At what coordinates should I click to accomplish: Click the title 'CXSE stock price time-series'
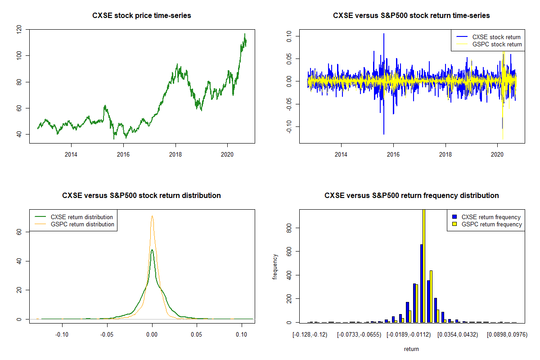pos(142,16)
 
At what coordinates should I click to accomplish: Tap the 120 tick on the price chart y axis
pos(19,30)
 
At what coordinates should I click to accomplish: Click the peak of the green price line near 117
pos(245,34)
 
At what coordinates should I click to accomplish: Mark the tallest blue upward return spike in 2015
pos(384,34)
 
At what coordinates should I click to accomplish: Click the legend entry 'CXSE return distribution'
pos(81,217)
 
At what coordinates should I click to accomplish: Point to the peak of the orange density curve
pos(152,216)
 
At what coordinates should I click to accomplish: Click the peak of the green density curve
pos(152,250)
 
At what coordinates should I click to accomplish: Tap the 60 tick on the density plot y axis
pos(19,232)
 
